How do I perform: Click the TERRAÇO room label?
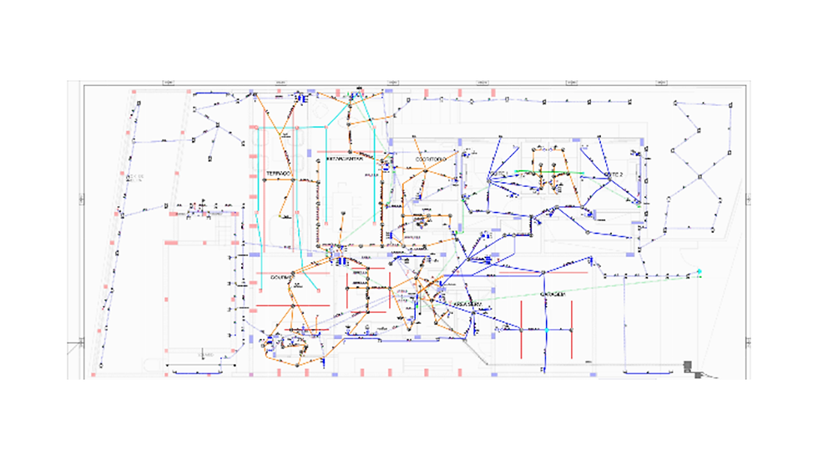click(x=278, y=174)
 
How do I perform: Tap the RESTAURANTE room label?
click(x=344, y=157)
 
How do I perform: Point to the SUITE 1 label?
click(x=498, y=173)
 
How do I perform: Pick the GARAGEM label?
click(x=552, y=295)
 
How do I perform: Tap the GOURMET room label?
click(x=282, y=277)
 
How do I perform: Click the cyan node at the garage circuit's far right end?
click(x=699, y=272)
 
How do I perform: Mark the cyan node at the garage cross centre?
click(x=547, y=329)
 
